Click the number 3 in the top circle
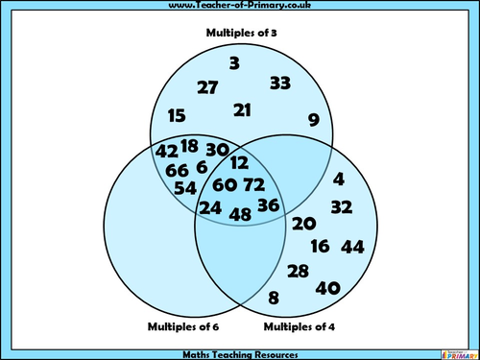(233, 64)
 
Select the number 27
(207, 87)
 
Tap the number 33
(279, 83)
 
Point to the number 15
(177, 115)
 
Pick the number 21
(242, 110)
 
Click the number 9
(313, 120)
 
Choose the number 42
(166, 151)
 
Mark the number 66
(177, 170)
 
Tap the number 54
(184, 187)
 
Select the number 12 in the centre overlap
(239, 163)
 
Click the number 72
(253, 183)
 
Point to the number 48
(240, 215)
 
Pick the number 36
(269, 204)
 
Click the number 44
(352, 247)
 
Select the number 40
(327, 287)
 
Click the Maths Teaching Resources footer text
(239, 353)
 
